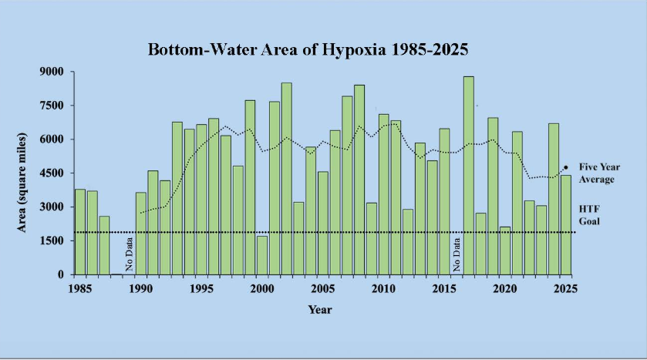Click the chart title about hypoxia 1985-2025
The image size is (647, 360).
(x=308, y=49)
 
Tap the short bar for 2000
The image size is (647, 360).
(x=262, y=255)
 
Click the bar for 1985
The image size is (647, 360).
(x=80, y=231)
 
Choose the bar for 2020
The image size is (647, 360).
(x=504, y=251)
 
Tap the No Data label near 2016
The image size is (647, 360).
(x=457, y=255)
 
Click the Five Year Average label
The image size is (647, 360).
(x=599, y=173)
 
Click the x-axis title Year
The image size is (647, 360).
(x=320, y=309)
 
